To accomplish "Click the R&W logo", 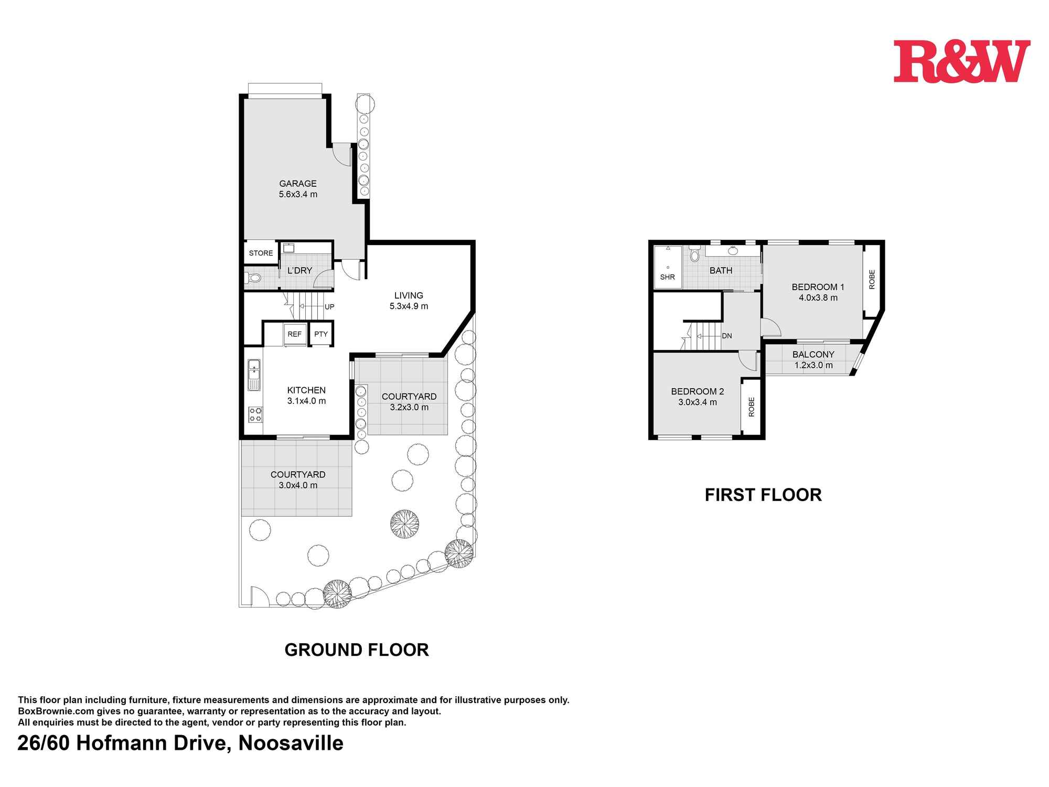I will pos(961,61).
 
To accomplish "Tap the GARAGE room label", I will pos(297,184).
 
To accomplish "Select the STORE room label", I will pos(261,253).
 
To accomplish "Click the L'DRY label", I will pos(300,271).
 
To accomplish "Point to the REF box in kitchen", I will pos(295,334).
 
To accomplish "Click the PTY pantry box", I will pos(321,334).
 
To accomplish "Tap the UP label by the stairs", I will pos(329,307).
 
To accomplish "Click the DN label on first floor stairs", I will pos(727,336).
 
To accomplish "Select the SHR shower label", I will pos(667,277).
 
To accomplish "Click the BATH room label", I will pos(721,271).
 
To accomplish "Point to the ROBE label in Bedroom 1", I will pos(872,279).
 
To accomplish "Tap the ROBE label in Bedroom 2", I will pos(751,407).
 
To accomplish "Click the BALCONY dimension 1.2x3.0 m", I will pos(813,365).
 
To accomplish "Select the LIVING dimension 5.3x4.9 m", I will pos(409,306).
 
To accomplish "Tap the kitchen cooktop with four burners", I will pos(255,414).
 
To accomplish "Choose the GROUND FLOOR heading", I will pos(357,650).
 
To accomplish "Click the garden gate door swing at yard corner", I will pos(258,597).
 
